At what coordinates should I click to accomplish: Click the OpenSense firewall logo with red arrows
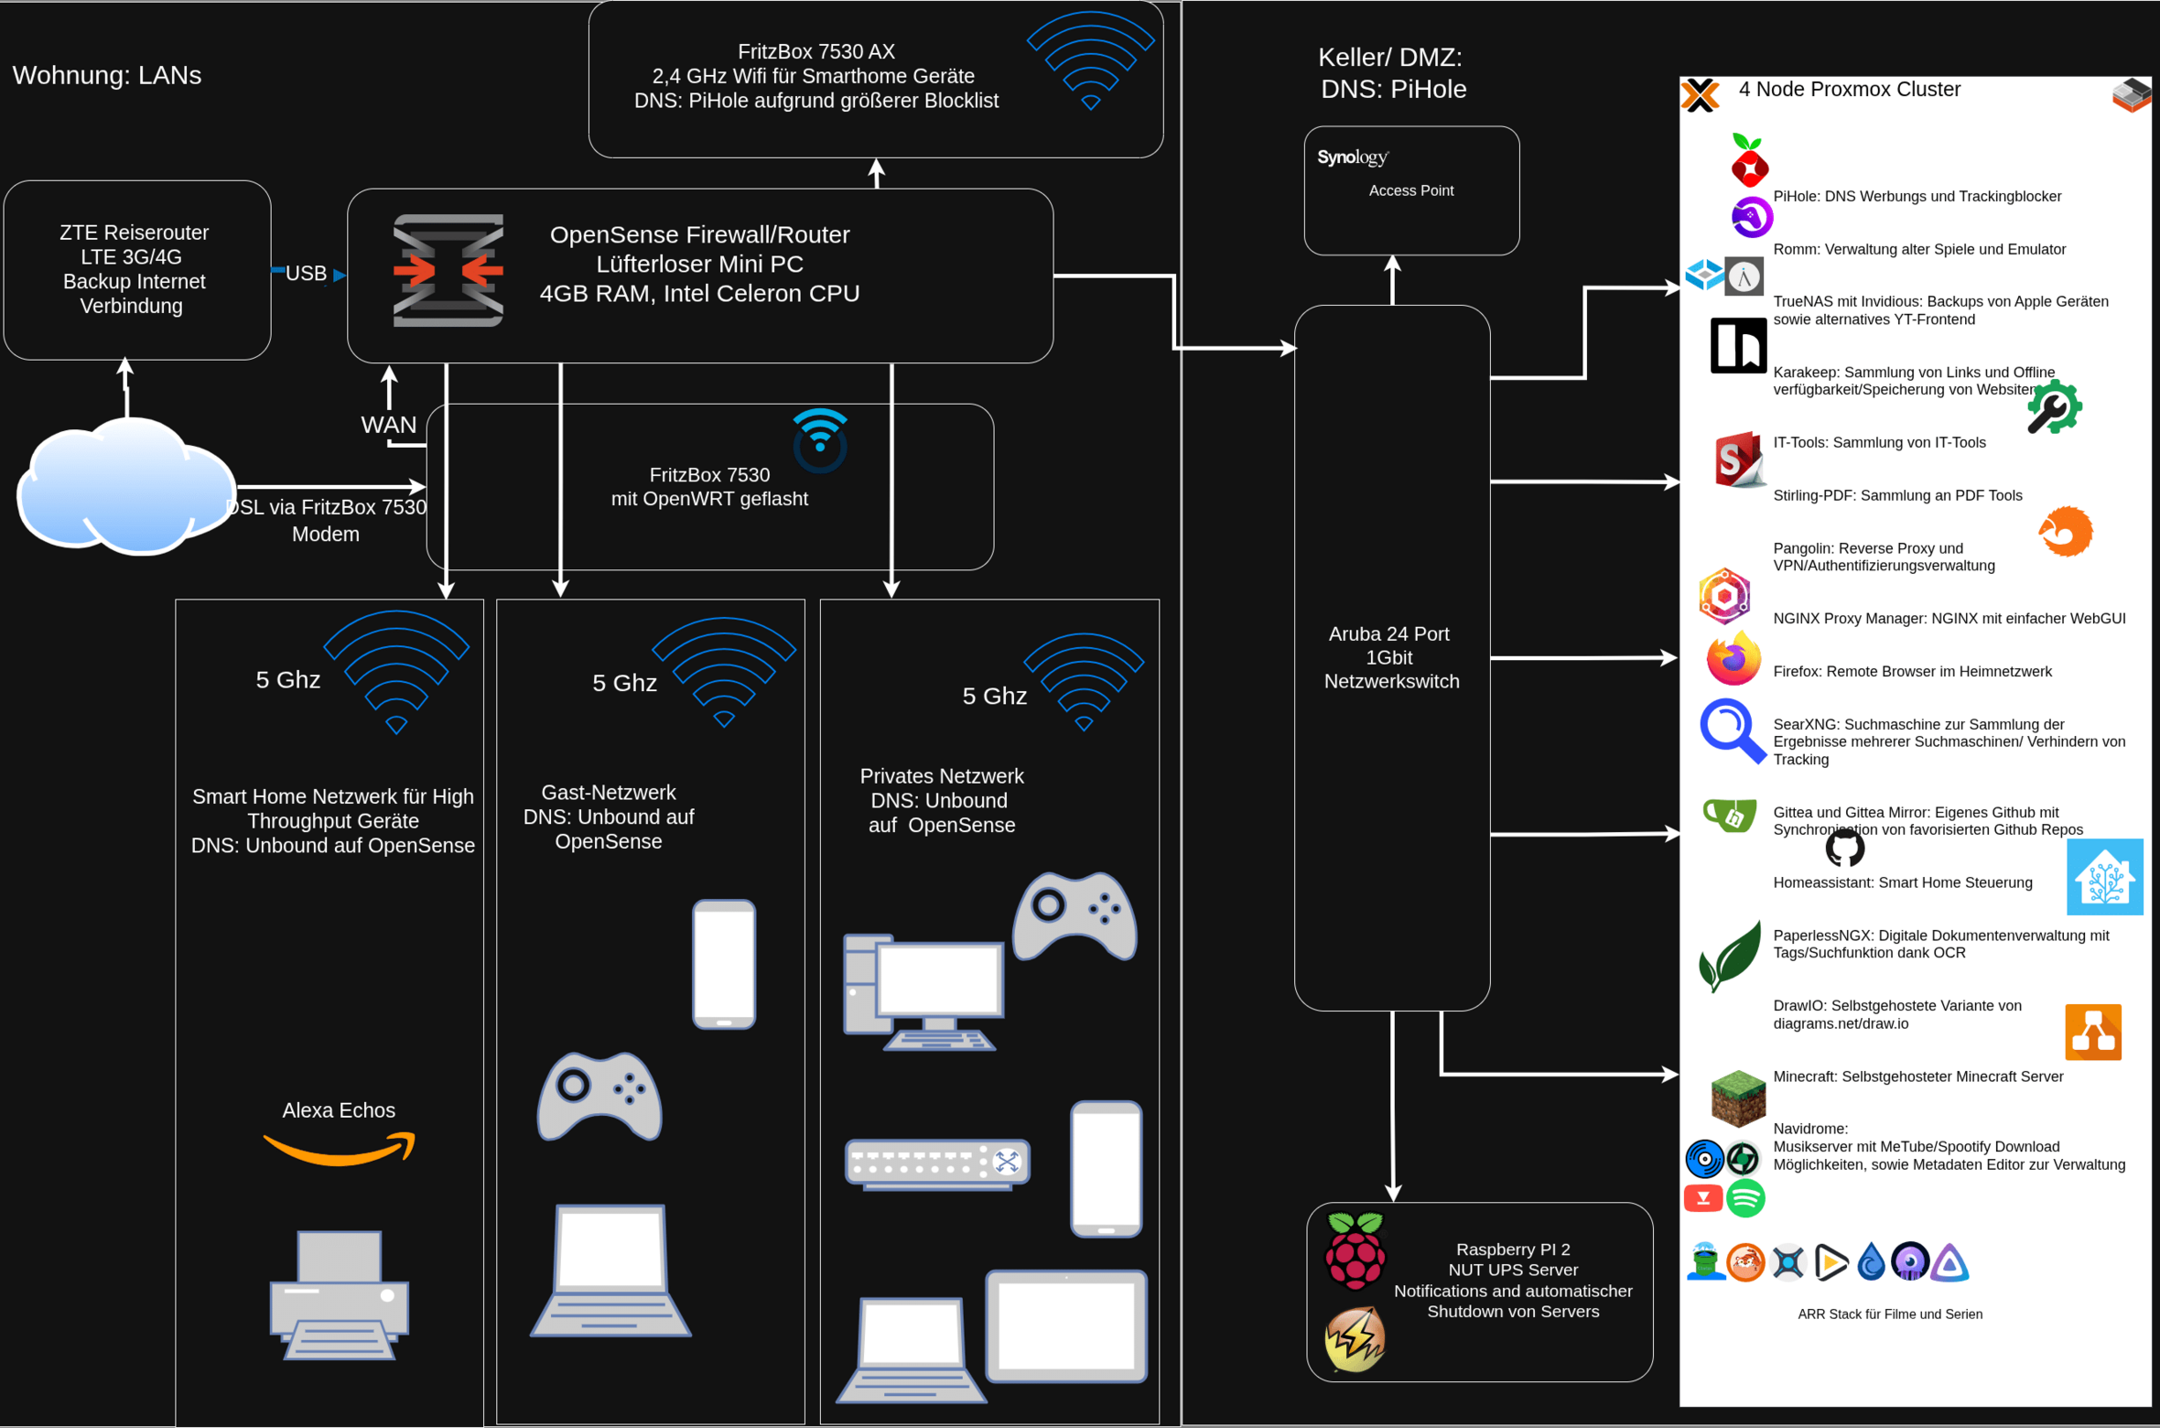click(x=448, y=270)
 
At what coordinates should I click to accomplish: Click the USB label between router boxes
click(x=306, y=273)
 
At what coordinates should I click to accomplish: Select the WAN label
click(x=388, y=425)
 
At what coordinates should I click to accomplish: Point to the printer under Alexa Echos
click(x=339, y=1294)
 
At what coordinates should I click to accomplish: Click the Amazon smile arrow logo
click(x=340, y=1149)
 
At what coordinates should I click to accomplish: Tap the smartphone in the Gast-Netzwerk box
click(x=724, y=964)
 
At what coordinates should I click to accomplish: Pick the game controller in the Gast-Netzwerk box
click(x=599, y=1096)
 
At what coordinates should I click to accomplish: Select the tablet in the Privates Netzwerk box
click(x=1066, y=1325)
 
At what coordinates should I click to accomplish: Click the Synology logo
click(x=1353, y=157)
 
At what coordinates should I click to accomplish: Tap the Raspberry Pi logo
click(x=1355, y=1250)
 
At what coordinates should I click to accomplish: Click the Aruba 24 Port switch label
click(x=1391, y=657)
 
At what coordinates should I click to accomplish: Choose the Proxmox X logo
click(x=1701, y=95)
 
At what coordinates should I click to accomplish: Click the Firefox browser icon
click(x=1733, y=659)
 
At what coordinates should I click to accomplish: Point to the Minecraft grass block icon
click(x=1738, y=1098)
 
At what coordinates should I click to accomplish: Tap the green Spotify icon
click(x=1745, y=1198)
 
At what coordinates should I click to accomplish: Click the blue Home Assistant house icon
click(x=2105, y=877)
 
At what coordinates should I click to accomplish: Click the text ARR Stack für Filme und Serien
click(x=1890, y=1314)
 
